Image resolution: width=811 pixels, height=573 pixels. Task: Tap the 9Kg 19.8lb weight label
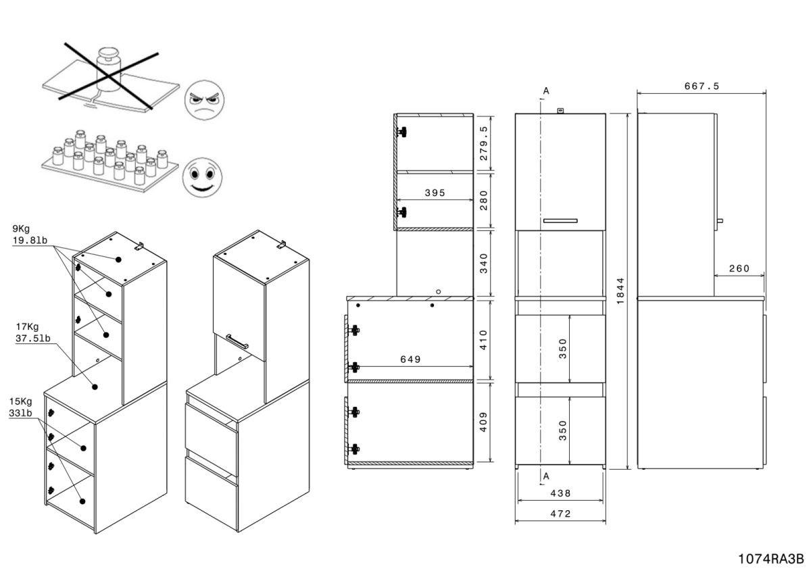pyautogui.click(x=26, y=234)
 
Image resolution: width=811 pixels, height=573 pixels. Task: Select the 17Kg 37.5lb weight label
pyautogui.click(x=32, y=333)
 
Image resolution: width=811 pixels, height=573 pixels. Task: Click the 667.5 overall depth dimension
pyautogui.click(x=701, y=86)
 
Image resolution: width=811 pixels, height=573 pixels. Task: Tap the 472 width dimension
pyautogui.click(x=560, y=514)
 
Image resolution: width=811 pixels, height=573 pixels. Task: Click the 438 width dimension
pyautogui.click(x=560, y=494)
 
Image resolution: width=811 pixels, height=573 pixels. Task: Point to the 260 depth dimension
pyautogui.click(x=739, y=268)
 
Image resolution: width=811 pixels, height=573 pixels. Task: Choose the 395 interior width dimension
pyautogui.click(x=435, y=193)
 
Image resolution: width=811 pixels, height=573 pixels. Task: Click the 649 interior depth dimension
pyautogui.click(x=410, y=359)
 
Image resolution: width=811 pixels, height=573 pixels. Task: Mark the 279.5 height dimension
pyautogui.click(x=483, y=143)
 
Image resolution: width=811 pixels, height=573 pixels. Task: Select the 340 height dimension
pyautogui.click(x=483, y=262)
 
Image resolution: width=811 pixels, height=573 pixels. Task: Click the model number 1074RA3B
pyautogui.click(x=770, y=559)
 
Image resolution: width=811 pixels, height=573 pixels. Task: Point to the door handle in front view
pyautogui.click(x=560, y=220)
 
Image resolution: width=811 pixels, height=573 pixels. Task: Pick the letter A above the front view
pyautogui.click(x=546, y=90)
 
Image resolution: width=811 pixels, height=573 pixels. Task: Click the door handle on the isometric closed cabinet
pyautogui.click(x=237, y=341)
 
